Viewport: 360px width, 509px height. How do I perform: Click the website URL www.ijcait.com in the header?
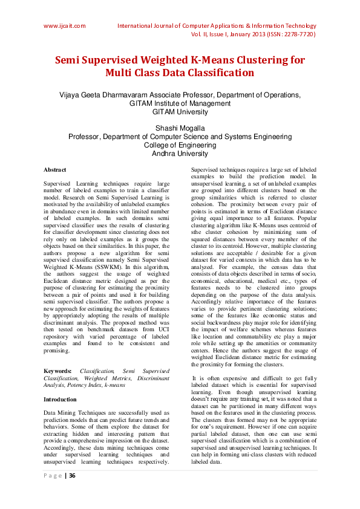point(64,26)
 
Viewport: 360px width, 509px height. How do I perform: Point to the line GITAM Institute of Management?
point(180,103)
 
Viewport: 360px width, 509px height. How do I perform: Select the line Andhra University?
point(180,154)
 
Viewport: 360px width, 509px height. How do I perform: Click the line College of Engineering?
point(180,145)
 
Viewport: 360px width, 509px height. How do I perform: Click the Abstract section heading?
point(55,170)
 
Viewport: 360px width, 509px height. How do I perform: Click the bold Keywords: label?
point(58,370)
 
